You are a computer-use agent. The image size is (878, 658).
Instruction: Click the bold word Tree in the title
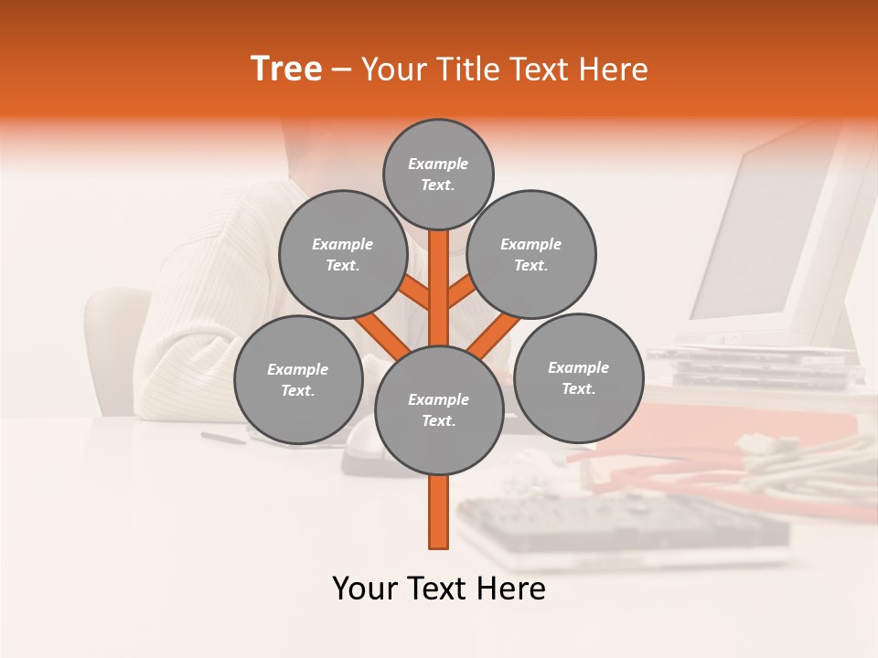286,69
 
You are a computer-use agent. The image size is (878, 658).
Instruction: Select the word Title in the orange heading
468,69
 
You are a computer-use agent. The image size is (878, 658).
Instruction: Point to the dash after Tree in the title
341,70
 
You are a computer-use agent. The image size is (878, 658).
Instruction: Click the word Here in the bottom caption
510,589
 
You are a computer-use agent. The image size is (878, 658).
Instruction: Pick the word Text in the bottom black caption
438,589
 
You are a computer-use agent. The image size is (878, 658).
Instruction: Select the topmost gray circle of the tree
438,174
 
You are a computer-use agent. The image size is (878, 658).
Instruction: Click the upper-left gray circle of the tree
342,254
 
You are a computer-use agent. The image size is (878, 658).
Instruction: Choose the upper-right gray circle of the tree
530,254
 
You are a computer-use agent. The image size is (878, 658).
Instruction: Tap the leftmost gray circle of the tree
297,379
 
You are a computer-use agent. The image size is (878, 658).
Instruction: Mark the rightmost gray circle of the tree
578,377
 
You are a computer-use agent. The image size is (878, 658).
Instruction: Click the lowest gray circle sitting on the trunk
438,409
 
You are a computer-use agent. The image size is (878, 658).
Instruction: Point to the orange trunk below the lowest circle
438,512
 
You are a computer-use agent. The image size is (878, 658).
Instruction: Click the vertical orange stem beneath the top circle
438,283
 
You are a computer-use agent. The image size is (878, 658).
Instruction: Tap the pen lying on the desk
223,438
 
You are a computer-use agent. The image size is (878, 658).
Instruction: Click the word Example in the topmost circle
438,164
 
